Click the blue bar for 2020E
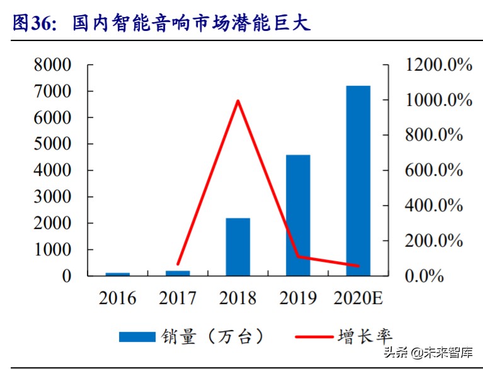pyautogui.click(x=358, y=180)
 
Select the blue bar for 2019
pyautogui.click(x=298, y=215)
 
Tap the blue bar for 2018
pyautogui.click(x=238, y=247)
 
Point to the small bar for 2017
pyautogui.click(x=178, y=272)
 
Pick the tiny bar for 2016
pyautogui.click(x=118, y=274)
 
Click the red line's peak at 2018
pyautogui.click(x=237, y=100)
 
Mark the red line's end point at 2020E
pyautogui.click(x=358, y=266)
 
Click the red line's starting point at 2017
pyautogui.click(x=178, y=264)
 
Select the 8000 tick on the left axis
pyautogui.click(x=53, y=65)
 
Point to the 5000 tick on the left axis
pyautogui.click(x=53, y=144)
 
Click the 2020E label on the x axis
pyautogui.click(x=358, y=298)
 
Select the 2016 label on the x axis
pyautogui.click(x=118, y=298)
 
